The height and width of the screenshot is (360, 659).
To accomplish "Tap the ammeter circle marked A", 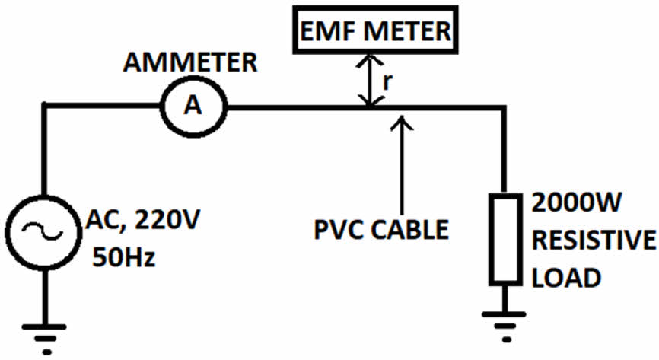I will tap(195, 107).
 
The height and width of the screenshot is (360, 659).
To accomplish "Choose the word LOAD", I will tap(567, 277).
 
